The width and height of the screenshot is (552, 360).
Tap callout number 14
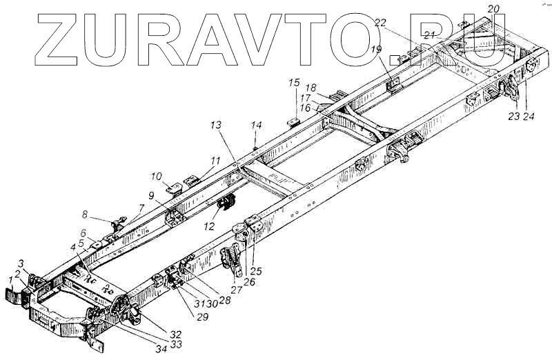(257, 126)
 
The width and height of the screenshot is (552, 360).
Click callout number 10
(157, 175)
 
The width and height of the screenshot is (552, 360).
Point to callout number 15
(294, 83)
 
